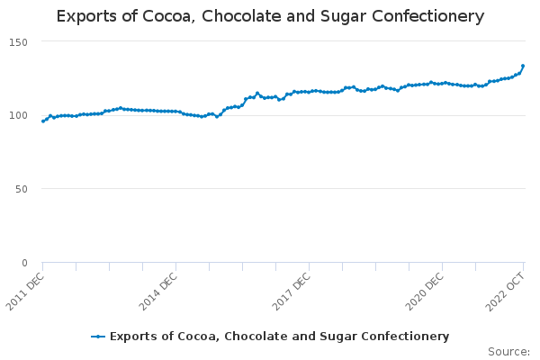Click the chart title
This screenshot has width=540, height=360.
[x=270, y=16]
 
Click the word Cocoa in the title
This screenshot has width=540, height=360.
[x=172, y=16]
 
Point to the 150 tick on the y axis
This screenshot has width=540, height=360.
[x=17, y=42]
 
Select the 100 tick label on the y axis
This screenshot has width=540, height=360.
[x=17, y=115]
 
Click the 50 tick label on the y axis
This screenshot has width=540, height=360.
[x=21, y=189]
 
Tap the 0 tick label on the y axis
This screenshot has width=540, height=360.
[x=24, y=263]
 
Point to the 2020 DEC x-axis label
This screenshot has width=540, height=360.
[x=427, y=290]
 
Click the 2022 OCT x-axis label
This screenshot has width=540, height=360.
[x=508, y=290]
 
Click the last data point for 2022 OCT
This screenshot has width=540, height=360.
[x=523, y=66]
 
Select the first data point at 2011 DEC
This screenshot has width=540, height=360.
[x=42, y=121]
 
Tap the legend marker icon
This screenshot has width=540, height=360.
[x=99, y=337]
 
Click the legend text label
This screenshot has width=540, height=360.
[x=279, y=337]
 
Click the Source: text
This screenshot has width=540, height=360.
[x=508, y=352]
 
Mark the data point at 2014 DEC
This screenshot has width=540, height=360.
[x=175, y=111]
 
